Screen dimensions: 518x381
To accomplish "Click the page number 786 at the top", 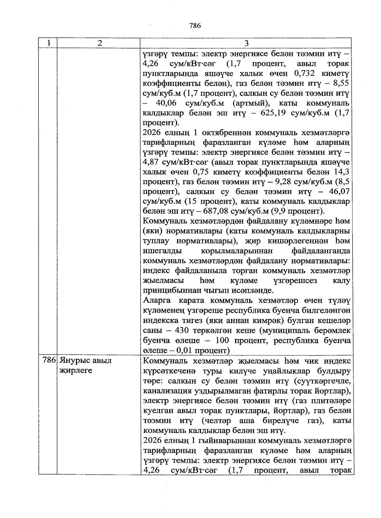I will [x=195, y=26].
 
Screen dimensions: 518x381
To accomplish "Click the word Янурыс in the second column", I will [x=75, y=361].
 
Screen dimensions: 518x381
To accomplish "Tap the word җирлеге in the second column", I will [x=76, y=371].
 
